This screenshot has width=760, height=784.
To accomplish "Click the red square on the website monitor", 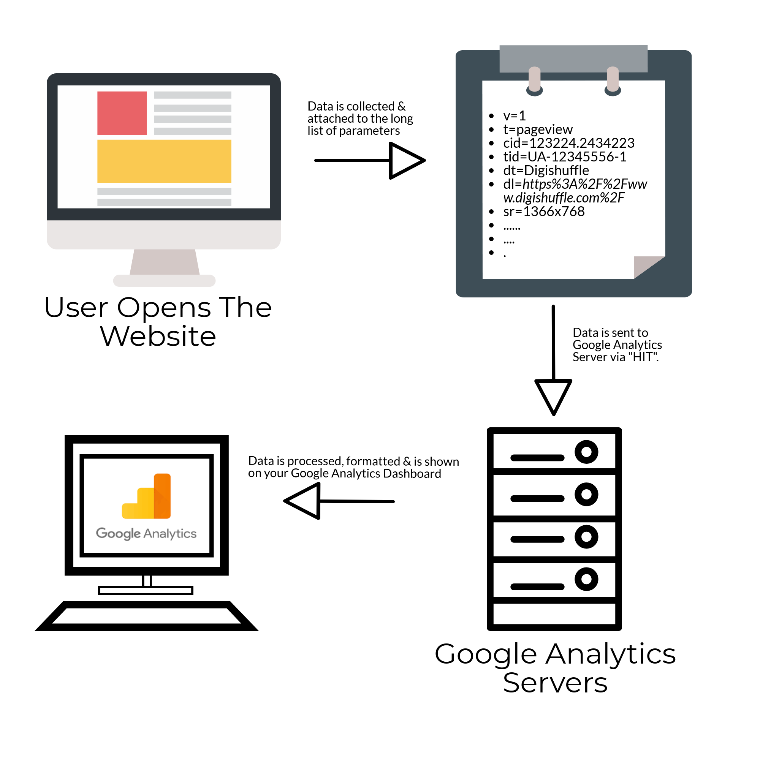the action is pyautogui.click(x=122, y=113).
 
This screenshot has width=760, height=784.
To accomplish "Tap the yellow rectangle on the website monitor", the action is pyautogui.click(x=164, y=161).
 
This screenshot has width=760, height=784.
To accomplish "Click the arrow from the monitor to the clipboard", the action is pyautogui.click(x=370, y=160).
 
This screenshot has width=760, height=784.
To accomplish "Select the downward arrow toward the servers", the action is pyautogui.click(x=554, y=360).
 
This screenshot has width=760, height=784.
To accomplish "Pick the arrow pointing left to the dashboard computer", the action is pyautogui.click(x=339, y=501).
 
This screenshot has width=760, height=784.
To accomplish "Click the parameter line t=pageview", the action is pyautogui.click(x=538, y=130).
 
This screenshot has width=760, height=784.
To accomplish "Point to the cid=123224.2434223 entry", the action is pyautogui.click(x=569, y=143).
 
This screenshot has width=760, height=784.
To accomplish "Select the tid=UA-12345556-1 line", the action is pyautogui.click(x=565, y=157).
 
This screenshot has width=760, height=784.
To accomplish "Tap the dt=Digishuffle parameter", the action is pyautogui.click(x=546, y=171).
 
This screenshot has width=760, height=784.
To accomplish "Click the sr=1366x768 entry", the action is pyautogui.click(x=544, y=212).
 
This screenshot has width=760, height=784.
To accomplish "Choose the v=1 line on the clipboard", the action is pyautogui.click(x=514, y=116).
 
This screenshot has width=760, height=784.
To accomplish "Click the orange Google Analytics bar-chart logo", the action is pyautogui.click(x=146, y=496).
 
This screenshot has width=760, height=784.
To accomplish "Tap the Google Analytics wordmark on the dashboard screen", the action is pyautogui.click(x=146, y=534).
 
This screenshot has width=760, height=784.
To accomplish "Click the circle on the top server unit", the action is pyautogui.click(x=587, y=452).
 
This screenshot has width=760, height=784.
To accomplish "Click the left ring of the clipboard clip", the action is pyautogui.click(x=535, y=82).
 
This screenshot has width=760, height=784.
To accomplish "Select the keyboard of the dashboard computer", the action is pyautogui.click(x=146, y=616).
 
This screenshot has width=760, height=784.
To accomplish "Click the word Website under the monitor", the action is pyautogui.click(x=158, y=337).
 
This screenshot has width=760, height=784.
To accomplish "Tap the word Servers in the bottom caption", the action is pyautogui.click(x=556, y=683).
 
